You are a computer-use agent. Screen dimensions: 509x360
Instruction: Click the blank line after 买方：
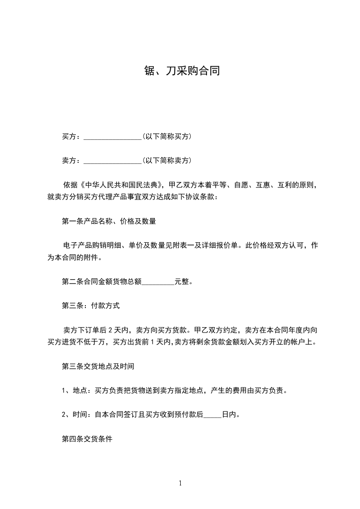point(113,137)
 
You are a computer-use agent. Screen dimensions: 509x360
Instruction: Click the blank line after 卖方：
point(113,161)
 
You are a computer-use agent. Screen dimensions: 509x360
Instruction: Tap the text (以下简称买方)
point(166,136)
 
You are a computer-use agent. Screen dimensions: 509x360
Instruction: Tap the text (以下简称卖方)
point(166,160)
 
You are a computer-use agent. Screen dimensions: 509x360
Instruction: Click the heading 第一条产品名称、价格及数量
point(109,221)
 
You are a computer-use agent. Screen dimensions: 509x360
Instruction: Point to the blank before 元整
point(158,282)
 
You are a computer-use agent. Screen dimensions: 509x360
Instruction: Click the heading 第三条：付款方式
point(91,306)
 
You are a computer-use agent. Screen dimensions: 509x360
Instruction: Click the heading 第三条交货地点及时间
point(98,366)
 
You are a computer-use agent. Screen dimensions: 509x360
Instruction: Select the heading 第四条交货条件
point(87,439)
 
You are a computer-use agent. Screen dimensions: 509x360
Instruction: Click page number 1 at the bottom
point(180,483)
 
